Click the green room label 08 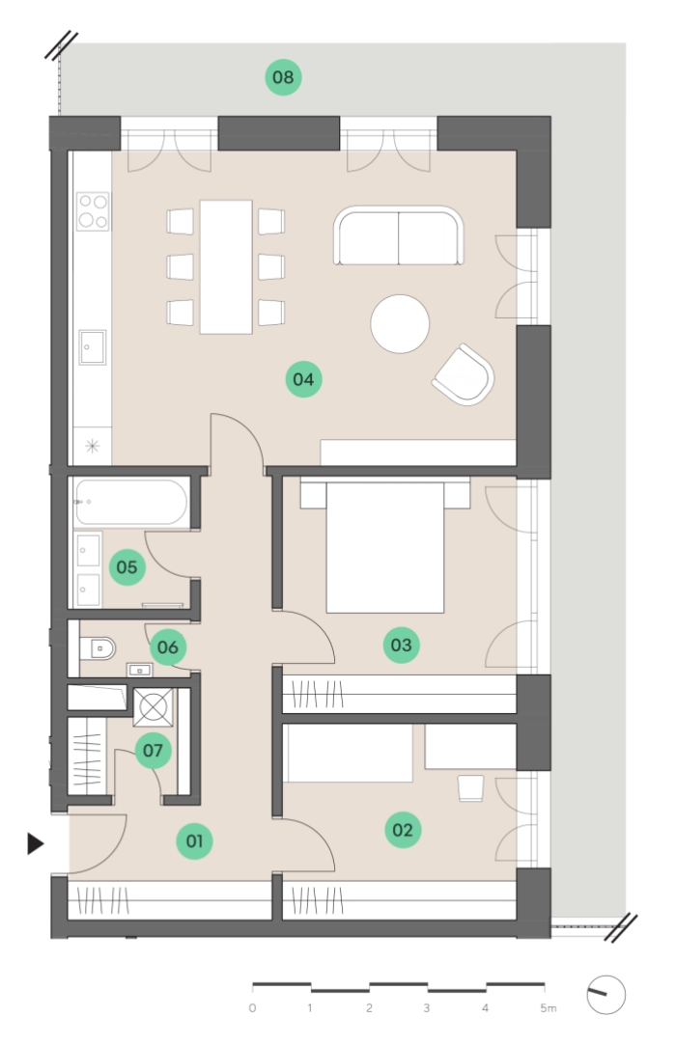click(x=283, y=77)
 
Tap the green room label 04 click(x=303, y=379)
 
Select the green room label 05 click(x=127, y=567)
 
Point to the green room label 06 click(x=167, y=646)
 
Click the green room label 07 click(x=153, y=751)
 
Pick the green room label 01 click(x=194, y=841)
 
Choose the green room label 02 click(x=403, y=830)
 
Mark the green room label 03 click(x=401, y=645)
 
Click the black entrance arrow click(x=36, y=843)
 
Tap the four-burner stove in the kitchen click(x=93, y=211)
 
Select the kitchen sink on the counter click(x=92, y=347)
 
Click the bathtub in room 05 click(x=130, y=503)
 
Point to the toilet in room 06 click(x=98, y=647)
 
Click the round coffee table click(x=400, y=324)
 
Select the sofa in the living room click(x=399, y=235)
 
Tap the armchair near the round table click(x=464, y=374)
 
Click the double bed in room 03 click(x=385, y=544)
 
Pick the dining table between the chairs click(x=226, y=266)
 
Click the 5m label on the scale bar click(x=548, y=1008)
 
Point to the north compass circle click(x=606, y=995)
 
